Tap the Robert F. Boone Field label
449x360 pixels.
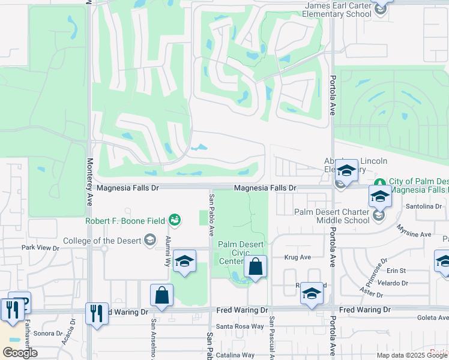click(x=125, y=220)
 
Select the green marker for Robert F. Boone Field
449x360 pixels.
click(x=174, y=220)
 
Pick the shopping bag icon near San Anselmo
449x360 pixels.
click(x=162, y=295)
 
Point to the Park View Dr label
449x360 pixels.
click(x=41, y=247)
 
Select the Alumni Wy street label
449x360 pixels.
click(x=168, y=251)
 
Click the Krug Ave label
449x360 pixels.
click(x=298, y=257)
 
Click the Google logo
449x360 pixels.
click(x=20, y=353)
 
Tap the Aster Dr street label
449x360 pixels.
click(x=372, y=293)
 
